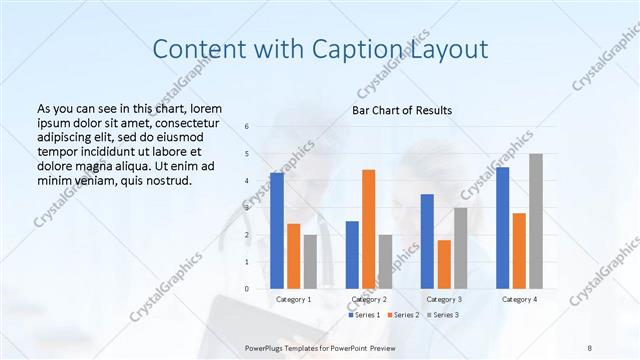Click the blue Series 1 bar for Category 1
[277, 230]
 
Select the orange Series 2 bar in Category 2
[368, 229]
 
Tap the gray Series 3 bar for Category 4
[536, 221]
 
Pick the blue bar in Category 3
[427, 241]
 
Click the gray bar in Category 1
[310, 261]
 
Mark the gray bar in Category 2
[385, 261]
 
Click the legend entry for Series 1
[364, 315]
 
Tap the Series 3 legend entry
[443, 315]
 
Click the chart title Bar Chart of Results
[402, 110]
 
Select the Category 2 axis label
[368, 299]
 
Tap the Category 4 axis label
[519, 299]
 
